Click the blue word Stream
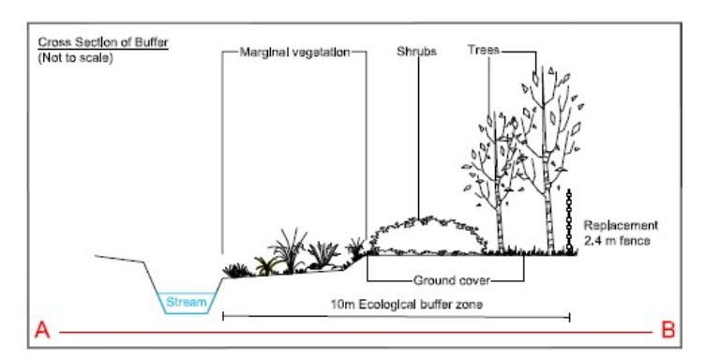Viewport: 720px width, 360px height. coord(187,302)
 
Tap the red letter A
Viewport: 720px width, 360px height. coord(41,330)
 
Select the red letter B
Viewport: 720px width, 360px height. coord(668,330)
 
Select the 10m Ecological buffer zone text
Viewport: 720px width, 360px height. coord(394,305)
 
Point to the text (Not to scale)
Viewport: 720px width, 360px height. coord(74,56)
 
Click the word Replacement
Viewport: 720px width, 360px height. coord(622,225)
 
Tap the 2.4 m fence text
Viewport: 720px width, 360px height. coord(616,239)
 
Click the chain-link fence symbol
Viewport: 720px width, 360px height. coord(569,220)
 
